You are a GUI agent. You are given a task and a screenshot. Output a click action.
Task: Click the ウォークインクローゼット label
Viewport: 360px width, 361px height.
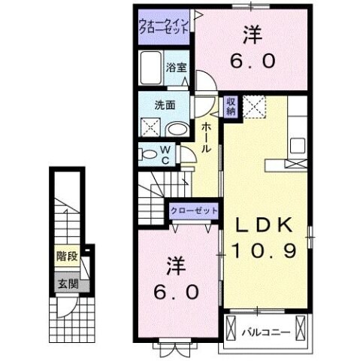point(164,28)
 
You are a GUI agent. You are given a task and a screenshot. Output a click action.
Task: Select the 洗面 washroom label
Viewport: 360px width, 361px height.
point(166,105)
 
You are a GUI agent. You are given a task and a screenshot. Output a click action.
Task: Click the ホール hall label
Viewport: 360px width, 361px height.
point(206,138)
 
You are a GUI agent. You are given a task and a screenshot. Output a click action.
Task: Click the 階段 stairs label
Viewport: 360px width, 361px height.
point(66,256)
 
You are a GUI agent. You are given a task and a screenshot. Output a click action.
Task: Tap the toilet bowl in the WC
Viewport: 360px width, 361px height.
point(149,155)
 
